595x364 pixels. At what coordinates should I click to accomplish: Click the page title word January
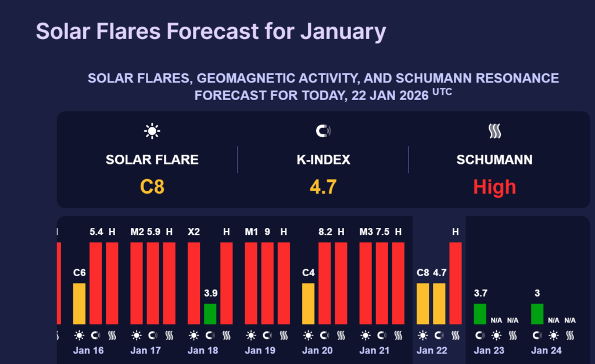343,31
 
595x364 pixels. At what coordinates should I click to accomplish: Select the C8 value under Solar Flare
152,187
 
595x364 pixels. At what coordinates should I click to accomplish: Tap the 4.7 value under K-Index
323,187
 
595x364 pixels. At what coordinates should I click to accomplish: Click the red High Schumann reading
494,187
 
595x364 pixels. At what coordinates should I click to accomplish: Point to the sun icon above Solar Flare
152,131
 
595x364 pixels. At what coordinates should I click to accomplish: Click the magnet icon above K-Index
323,131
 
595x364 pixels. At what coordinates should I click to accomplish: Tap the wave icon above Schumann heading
494,131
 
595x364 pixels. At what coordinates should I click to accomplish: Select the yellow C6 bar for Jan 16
79,303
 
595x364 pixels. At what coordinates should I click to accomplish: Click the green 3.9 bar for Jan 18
210,313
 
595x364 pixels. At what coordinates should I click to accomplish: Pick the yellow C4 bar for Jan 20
308,303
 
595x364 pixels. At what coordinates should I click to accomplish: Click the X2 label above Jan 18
193,231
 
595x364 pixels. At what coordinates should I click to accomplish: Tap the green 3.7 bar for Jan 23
480,313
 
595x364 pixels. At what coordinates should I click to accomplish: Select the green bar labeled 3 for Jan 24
537,313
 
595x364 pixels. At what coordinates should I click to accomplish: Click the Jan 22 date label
432,351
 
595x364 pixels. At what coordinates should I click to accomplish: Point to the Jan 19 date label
260,351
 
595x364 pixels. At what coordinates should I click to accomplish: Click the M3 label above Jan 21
366,231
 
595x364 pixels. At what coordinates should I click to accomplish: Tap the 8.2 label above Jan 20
324,231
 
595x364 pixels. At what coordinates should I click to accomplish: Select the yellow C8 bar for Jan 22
423,303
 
